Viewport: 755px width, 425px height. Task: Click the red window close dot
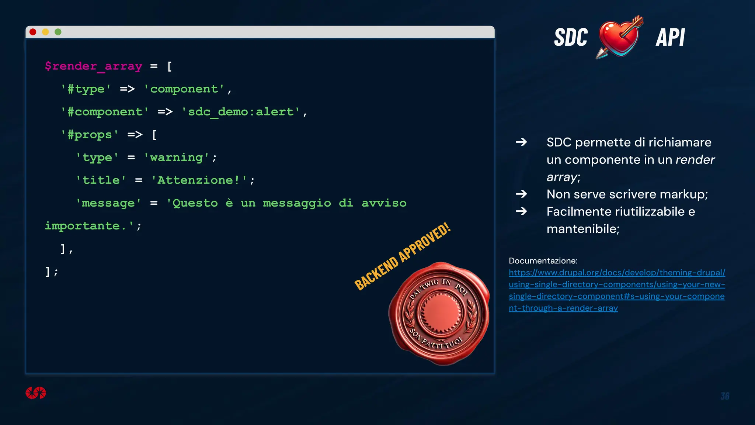point(33,32)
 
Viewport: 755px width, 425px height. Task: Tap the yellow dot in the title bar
point(45,32)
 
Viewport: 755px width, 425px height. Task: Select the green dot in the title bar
point(58,32)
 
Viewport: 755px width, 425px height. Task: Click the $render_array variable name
point(93,66)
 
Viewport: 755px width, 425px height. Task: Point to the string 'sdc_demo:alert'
point(241,112)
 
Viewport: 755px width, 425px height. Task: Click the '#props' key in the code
point(90,135)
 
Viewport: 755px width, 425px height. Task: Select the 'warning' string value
point(177,158)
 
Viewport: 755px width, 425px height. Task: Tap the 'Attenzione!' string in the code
point(199,180)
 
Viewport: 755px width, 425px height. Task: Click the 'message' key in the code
point(108,203)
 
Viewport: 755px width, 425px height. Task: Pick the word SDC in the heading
point(571,38)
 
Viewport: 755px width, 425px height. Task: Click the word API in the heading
point(670,38)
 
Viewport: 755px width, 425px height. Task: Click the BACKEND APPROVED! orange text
point(402,257)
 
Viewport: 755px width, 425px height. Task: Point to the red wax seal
point(439,314)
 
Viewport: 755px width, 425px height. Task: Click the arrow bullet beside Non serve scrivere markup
point(521,194)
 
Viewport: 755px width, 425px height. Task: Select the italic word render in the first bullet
point(695,160)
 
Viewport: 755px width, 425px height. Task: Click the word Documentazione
point(543,261)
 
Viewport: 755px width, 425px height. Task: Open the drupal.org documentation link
point(616,290)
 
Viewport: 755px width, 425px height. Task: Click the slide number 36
point(725,396)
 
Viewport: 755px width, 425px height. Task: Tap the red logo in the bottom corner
point(36,393)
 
